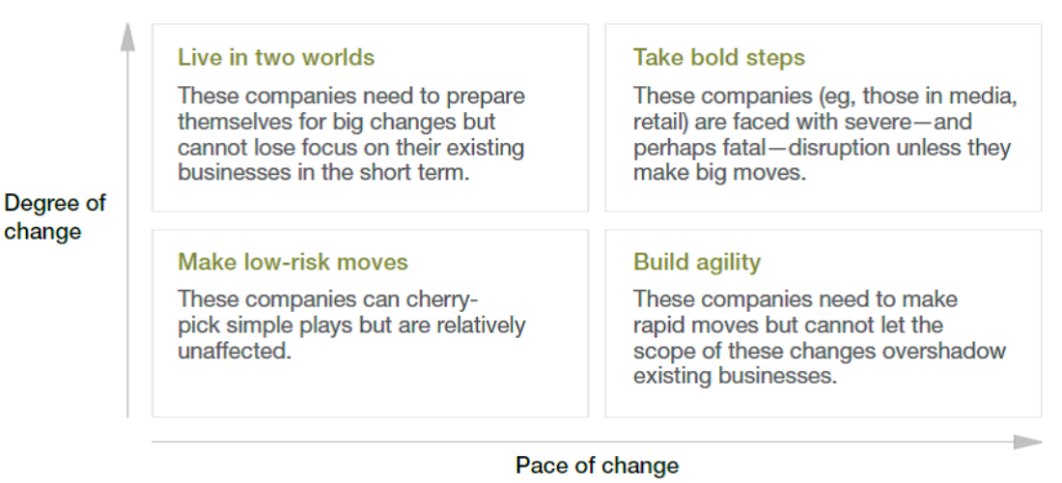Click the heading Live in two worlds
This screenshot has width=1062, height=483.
[276, 58]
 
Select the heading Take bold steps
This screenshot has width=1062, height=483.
[718, 58]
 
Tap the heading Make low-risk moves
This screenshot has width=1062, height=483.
[293, 262]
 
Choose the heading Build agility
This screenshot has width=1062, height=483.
[697, 263]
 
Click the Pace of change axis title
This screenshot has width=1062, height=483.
[597, 466]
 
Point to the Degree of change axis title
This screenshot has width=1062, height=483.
[55, 216]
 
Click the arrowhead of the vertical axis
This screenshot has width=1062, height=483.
[127, 37]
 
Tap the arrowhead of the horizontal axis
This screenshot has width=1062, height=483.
[1027, 442]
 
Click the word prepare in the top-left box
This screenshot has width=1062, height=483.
[485, 97]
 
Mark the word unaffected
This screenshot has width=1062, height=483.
[235, 351]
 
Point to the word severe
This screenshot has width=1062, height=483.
[878, 122]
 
